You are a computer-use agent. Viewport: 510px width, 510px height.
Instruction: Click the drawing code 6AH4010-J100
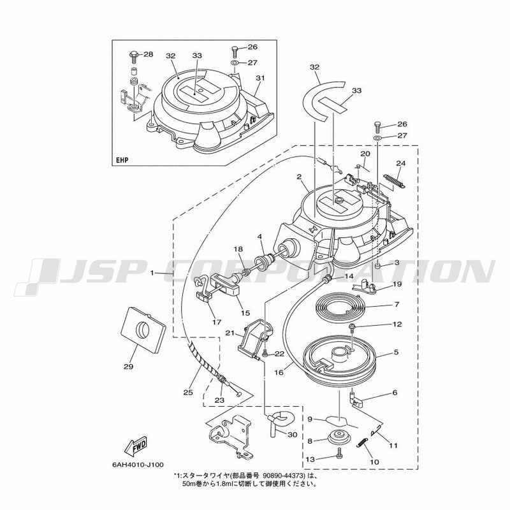[x=138, y=465]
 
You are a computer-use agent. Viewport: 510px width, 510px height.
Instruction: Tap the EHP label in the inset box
[x=122, y=160]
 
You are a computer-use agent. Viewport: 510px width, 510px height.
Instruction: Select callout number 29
[x=129, y=367]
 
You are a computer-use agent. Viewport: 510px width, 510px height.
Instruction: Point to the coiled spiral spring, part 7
[x=340, y=306]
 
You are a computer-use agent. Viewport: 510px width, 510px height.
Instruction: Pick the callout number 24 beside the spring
[x=401, y=163]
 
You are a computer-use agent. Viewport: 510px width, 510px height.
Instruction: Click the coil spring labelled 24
[x=395, y=181]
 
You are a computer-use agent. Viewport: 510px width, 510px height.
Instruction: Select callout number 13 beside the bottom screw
[x=310, y=459]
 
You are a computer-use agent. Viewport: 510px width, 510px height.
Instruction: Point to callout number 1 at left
[x=152, y=273]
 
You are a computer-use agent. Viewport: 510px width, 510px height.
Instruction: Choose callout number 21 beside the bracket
[x=230, y=333]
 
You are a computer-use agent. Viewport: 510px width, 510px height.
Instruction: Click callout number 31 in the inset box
[x=260, y=78]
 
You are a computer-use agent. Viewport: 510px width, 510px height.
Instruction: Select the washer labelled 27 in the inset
[x=235, y=62]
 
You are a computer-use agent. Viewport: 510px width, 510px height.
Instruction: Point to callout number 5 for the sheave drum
[x=396, y=352]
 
